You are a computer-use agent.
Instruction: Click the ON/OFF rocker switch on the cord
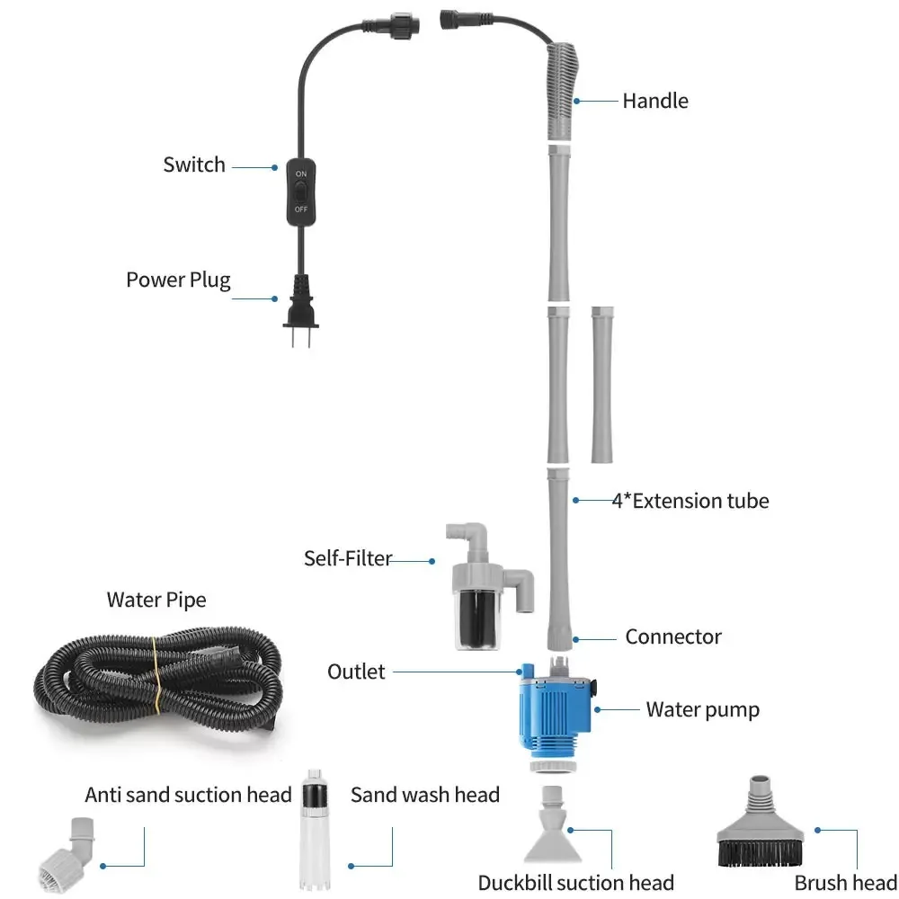[299, 190]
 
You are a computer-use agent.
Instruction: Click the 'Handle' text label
[655, 101]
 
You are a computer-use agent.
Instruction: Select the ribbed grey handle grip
[563, 90]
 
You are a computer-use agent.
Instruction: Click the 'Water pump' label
[702, 709]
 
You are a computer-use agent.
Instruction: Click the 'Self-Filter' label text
[348, 558]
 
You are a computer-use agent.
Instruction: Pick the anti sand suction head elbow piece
[68, 849]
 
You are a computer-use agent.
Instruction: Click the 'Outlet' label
[355, 672]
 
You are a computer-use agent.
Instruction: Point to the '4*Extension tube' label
[690, 501]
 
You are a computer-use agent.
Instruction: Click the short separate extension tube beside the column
[602, 384]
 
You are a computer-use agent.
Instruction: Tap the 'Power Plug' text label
[178, 279]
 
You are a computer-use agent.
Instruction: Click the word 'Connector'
[673, 636]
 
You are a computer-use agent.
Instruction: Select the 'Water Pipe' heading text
[156, 600]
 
